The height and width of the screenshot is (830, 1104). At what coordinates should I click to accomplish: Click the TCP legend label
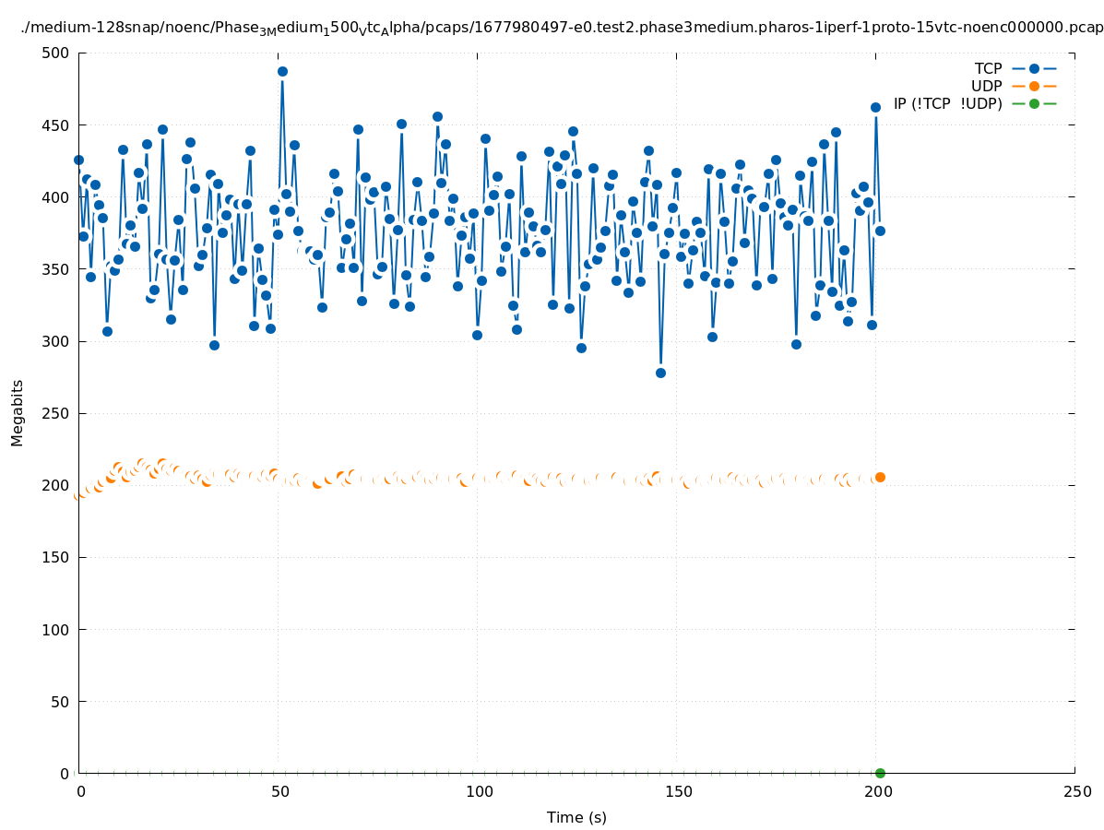click(988, 68)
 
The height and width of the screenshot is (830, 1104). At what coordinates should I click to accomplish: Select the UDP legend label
click(986, 86)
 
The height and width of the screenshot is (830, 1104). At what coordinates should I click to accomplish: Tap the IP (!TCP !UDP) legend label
click(947, 103)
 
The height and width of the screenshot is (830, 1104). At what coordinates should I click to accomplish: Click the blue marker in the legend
click(1034, 68)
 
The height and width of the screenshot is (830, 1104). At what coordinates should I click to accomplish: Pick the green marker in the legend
click(1034, 103)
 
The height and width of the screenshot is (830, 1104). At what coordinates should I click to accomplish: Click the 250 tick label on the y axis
click(56, 413)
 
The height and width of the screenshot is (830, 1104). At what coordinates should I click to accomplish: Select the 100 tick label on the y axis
click(56, 630)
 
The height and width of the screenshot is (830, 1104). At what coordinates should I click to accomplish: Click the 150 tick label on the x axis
click(678, 792)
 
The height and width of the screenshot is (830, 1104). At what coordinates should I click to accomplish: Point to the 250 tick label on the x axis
click(1076, 792)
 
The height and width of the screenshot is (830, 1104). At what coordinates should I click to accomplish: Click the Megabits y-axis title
click(18, 412)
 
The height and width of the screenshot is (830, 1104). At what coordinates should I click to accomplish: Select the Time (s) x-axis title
click(576, 817)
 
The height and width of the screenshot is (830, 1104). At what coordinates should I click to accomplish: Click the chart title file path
click(561, 28)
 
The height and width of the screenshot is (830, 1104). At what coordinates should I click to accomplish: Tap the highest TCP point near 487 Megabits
click(282, 71)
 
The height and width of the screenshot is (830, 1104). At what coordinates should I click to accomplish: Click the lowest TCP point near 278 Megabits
click(660, 373)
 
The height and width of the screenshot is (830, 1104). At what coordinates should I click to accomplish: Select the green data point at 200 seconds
click(880, 773)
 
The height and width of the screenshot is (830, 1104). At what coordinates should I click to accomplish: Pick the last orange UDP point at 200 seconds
click(880, 477)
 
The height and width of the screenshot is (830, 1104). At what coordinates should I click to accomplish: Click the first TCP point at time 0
click(78, 160)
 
